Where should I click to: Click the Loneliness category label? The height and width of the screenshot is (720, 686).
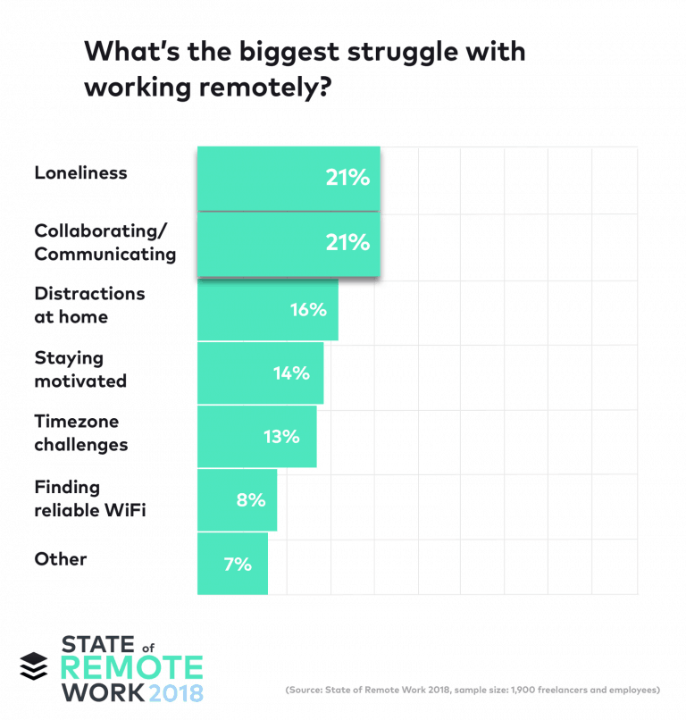click(x=80, y=173)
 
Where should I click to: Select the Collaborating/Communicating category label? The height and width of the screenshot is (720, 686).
click(x=105, y=242)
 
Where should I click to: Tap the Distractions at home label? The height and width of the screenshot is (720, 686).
click(x=89, y=305)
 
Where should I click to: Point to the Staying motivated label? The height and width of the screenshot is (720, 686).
click(x=80, y=369)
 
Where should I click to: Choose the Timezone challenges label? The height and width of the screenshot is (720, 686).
click(x=80, y=432)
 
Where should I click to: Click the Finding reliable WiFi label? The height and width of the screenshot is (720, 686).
click(x=89, y=498)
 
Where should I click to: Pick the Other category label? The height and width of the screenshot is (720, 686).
click(x=61, y=559)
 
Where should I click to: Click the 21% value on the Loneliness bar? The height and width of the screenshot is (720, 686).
click(x=347, y=178)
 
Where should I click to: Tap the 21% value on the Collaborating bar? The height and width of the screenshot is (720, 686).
click(x=347, y=242)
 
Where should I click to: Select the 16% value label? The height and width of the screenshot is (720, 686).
click(x=308, y=309)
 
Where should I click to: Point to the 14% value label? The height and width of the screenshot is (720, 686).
click(x=291, y=373)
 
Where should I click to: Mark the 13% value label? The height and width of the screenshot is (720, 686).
click(x=280, y=437)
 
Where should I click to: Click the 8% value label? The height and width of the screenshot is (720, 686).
click(x=250, y=500)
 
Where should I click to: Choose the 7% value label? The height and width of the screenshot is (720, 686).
click(x=237, y=564)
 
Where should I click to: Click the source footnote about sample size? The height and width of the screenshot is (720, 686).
click(x=473, y=691)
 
